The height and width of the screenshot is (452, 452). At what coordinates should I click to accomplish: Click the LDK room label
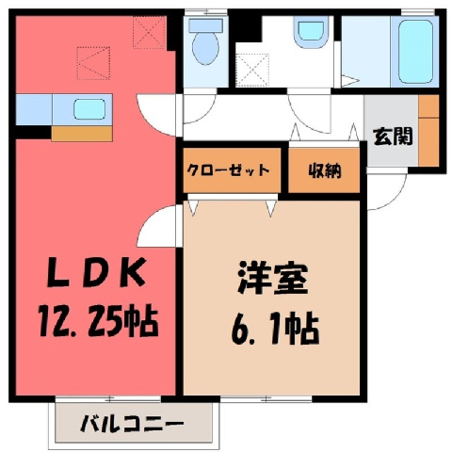pos(96,272)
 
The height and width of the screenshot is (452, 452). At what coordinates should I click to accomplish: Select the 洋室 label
pos(272,278)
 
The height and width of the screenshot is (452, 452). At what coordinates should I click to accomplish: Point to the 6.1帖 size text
pos(275,328)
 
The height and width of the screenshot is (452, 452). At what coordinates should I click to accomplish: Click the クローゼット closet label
pos(228,170)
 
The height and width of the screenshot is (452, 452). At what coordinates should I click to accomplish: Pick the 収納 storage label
pos(324,170)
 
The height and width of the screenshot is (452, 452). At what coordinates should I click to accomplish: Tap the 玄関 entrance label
pos(393,136)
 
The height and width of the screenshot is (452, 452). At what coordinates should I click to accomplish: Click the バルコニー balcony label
pos(132,424)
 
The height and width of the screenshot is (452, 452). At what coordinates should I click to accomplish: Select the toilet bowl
pos(205,48)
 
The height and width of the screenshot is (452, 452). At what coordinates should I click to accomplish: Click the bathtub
pos(415,52)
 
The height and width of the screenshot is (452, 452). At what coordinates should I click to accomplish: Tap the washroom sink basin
pos(311,32)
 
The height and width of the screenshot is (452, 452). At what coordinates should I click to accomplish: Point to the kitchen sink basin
pos(89,109)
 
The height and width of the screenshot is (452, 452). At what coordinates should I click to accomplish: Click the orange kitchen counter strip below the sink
pos(82,134)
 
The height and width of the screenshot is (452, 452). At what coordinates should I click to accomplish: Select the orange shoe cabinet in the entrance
pos(428,130)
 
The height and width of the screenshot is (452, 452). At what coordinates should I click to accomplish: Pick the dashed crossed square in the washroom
pos(252,70)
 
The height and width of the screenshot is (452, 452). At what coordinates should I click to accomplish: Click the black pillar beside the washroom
pos(249,28)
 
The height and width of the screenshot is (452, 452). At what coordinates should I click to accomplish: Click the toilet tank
pos(205,25)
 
